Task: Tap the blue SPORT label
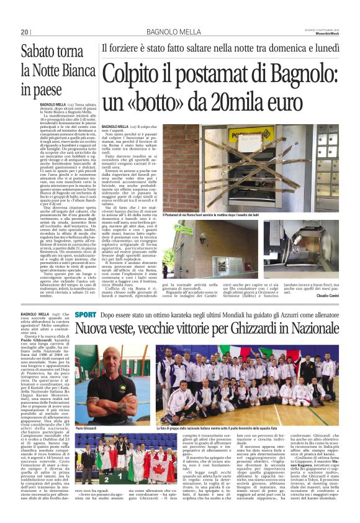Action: click(x=85, y=315)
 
